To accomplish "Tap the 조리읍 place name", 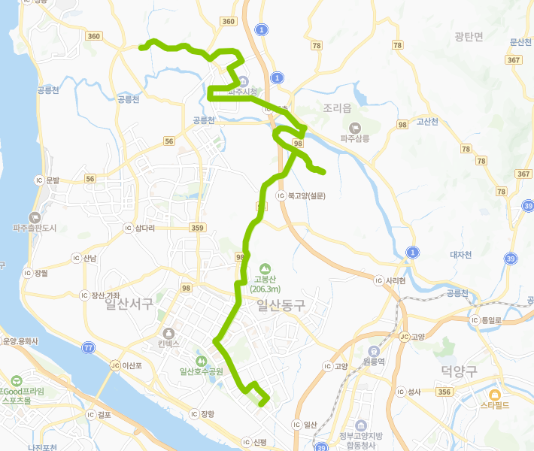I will [x=336, y=108].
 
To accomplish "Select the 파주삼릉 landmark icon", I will [x=355, y=127].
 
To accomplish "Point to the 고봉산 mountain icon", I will [x=264, y=268].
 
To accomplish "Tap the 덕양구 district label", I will [x=460, y=371].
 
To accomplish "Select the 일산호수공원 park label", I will [x=202, y=371].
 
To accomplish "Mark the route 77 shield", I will [x=90, y=347].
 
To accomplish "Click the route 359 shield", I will [x=198, y=228].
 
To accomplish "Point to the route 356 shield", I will [x=444, y=392].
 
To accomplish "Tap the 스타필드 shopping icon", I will [x=495, y=395].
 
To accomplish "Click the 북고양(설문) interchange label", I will [x=310, y=195].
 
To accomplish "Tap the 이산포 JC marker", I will [x=115, y=366].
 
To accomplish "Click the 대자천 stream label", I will [x=460, y=255].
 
